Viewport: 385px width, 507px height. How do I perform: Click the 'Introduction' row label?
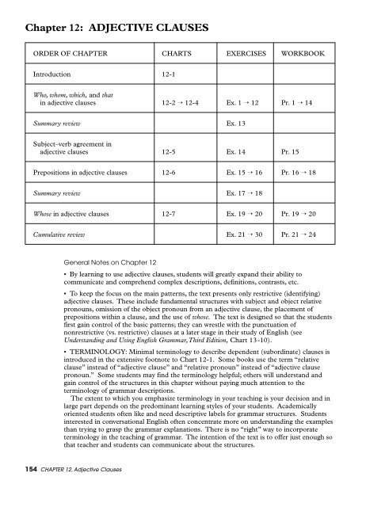click(52, 77)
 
